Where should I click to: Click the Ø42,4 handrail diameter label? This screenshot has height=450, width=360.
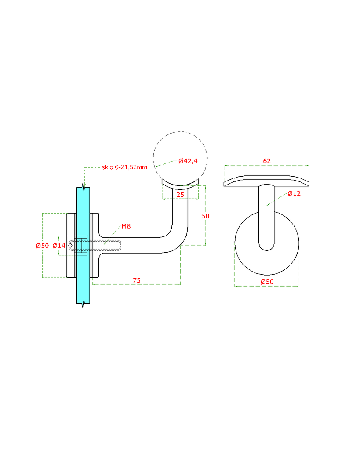pyautogui.click(x=188, y=161)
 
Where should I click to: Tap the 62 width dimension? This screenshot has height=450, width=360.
pyautogui.click(x=267, y=161)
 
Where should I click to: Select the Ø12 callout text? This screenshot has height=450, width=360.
pyautogui.click(x=294, y=193)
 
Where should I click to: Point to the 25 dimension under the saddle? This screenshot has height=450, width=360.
pyautogui.click(x=180, y=194)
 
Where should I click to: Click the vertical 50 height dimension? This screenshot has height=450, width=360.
pyautogui.click(x=206, y=216)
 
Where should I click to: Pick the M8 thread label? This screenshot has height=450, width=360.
pyautogui.click(x=126, y=226)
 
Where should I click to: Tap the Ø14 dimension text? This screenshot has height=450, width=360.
pyautogui.click(x=59, y=246)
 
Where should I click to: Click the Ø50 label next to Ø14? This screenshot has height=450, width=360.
pyautogui.click(x=42, y=246)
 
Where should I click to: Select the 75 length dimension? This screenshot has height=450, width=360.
pyautogui.click(x=136, y=280)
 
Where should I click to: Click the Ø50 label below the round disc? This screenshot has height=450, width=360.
pyautogui.click(x=267, y=281)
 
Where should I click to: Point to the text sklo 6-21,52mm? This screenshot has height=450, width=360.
pyautogui.click(x=124, y=167)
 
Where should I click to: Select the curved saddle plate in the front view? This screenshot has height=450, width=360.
pyautogui.click(x=267, y=181)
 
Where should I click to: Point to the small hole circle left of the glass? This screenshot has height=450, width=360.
pyautogui.click(x=70, y=246)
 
